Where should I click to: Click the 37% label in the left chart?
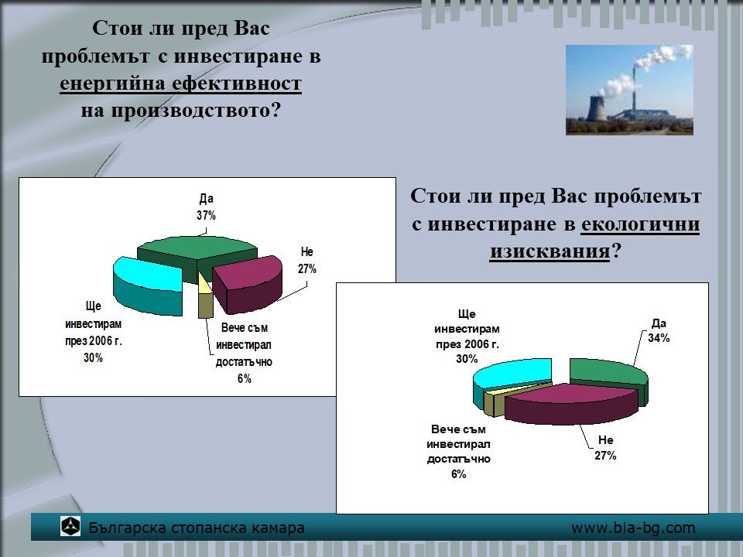(x=206, y=216)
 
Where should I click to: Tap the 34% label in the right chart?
(x=659, y=338)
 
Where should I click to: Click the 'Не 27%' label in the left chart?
(x=307, y=260)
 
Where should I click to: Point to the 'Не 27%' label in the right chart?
(x=605, y=448)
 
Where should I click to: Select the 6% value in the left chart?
(x=245, y=378)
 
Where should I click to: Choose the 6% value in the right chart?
(x=459, y=474)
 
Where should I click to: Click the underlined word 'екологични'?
(x=640, y=224)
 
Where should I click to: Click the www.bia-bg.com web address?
(x=634, y=528)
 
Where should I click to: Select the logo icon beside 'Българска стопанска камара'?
(x=70, y=527)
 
